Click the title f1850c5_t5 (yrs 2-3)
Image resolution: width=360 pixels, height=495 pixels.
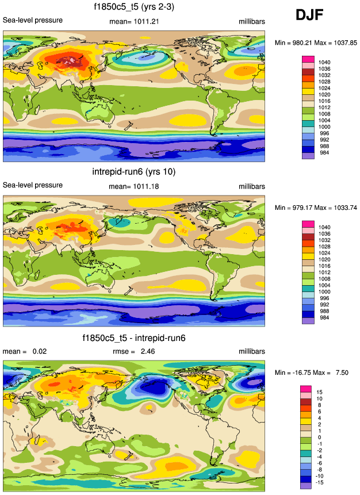tap(134, 7)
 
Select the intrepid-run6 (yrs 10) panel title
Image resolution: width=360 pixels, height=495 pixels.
tap(134, 171)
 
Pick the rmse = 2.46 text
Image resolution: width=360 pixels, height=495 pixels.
tap(133, 351)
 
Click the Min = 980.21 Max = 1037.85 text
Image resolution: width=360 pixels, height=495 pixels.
tap(316, 43)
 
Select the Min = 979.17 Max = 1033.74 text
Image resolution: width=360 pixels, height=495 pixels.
tap(316, 208)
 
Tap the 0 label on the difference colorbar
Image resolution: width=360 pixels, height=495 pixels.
tap(320, 438)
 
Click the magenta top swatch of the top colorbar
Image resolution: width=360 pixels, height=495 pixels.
tap(308, 59)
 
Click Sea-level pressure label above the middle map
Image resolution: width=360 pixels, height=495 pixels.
tap(33, 185)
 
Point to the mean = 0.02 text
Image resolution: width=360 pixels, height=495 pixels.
tap(25, 351)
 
